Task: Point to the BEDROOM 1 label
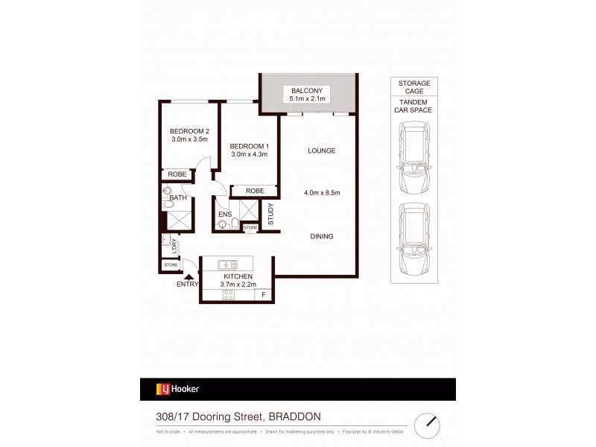click(x=248, y=145)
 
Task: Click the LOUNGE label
click(x=321, y=150)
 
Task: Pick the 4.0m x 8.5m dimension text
click(x=321, y=193)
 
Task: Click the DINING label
click(x=321, y=236)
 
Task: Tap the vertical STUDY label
click(x=271, y=214)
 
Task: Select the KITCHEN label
click(x=236, y=276)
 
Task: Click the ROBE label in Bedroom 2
click(x=177, y=174)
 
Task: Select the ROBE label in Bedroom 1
click(x=255, y=191)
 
